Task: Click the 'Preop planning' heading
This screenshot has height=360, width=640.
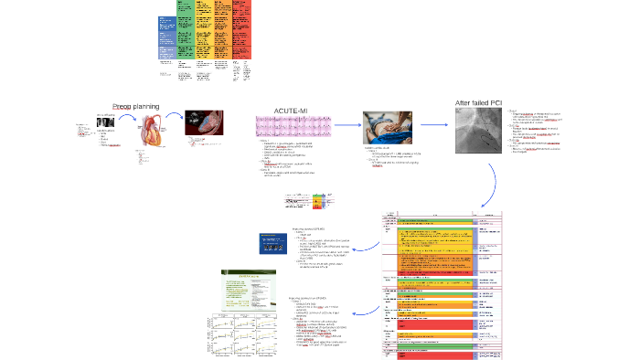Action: [x=135, y=107]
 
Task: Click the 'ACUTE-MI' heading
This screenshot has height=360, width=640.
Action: [x=291, y=111]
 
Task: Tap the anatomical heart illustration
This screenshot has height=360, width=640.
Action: [x=150, y=130]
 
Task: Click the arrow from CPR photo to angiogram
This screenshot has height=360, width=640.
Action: [x=434, y=125]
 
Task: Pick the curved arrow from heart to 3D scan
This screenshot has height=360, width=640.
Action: [x=176, y=119]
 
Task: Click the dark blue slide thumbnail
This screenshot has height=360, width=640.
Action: [x=275, y=247]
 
